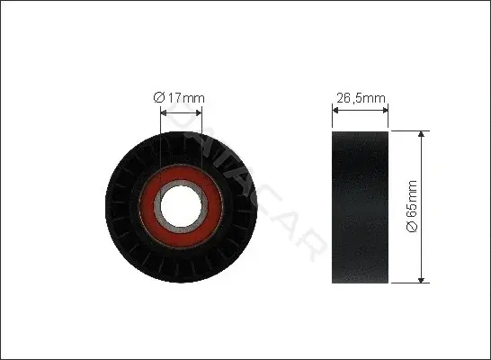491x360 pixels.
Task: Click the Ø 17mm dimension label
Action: tap(179, 98)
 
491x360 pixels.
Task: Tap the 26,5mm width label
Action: tap(361, 98)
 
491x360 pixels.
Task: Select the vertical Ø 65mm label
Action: tap(412, 206)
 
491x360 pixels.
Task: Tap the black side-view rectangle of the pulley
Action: tap(360, 207)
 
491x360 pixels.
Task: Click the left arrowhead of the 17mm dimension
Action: tap(164, 112)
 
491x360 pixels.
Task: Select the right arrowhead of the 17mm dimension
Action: tap(199, 112)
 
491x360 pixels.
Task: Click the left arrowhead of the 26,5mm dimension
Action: tap(335, 111)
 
